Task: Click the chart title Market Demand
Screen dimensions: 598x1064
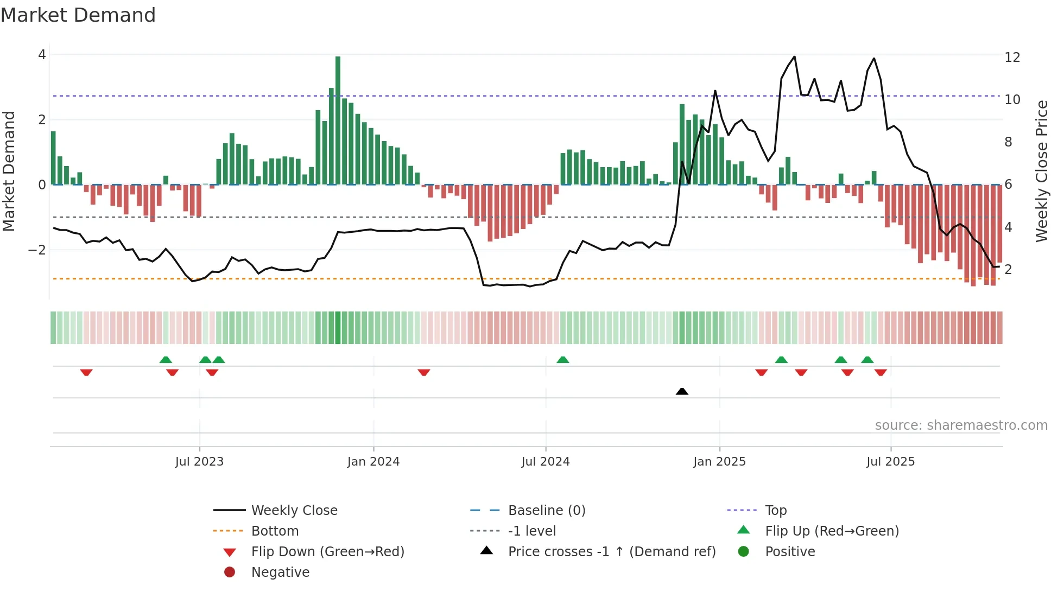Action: tap(78, 15)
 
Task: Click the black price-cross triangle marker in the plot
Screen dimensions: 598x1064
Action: tap(682, 391)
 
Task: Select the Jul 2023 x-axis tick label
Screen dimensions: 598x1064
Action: tap(199, 462)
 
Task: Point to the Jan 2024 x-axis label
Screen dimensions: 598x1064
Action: tap(373, 462)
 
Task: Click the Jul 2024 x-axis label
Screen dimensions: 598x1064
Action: tap(546, 462)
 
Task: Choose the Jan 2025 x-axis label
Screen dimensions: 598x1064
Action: tap(719, 462)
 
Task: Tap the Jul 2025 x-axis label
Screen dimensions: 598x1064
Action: tap(890, 462)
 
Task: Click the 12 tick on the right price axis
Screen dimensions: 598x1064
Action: tap(1012, 58)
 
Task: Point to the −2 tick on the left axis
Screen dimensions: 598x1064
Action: tap(37, 250)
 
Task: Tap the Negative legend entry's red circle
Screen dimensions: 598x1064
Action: tap(230, 572)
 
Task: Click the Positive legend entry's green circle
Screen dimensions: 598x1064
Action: tap(744, 552)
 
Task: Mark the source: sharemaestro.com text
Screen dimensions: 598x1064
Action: tap(961, 425)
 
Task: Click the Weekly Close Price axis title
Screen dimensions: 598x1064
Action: tap(1041, 171)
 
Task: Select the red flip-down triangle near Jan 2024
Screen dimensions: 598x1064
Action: tap(424, 372)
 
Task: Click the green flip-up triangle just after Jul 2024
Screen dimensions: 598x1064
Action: tap(563, 360)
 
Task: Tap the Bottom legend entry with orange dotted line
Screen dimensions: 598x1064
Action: tap(274, 531)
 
